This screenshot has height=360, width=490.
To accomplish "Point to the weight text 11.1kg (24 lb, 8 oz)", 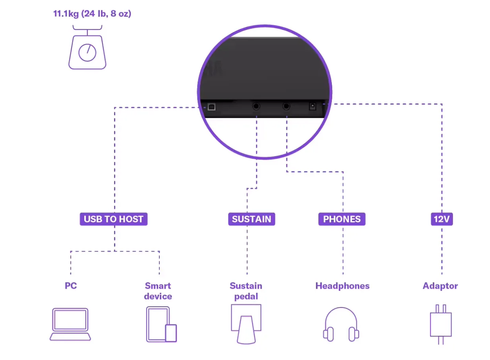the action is pos(92,14).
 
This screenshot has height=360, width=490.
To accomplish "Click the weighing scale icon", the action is pos(87,47).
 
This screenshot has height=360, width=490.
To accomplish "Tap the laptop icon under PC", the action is pos(70,325).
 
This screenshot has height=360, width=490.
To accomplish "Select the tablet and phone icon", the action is pos(162,325).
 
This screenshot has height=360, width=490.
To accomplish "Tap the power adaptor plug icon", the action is pos(441,325).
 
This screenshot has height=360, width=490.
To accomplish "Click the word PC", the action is pos(71,286).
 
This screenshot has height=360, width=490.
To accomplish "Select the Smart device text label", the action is pos(158,291).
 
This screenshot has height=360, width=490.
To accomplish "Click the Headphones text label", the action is pos(343,286).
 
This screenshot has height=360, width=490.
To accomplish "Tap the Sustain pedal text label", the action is pos(246,291).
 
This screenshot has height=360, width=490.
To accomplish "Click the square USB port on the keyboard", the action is pos(212,107).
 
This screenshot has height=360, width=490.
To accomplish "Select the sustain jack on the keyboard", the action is pos(256,107).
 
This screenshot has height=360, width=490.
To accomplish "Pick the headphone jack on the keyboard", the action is pos(287,107).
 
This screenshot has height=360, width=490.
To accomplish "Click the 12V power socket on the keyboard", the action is pos(313,107).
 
